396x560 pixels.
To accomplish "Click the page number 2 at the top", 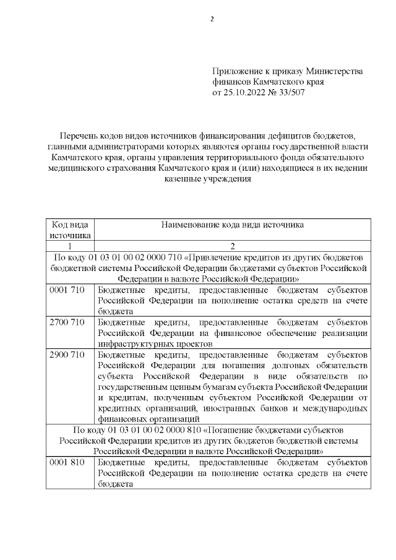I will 212,19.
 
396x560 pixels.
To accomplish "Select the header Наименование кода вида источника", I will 232,225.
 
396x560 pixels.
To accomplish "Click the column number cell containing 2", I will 232,246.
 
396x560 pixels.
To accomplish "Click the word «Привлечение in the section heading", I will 219,257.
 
